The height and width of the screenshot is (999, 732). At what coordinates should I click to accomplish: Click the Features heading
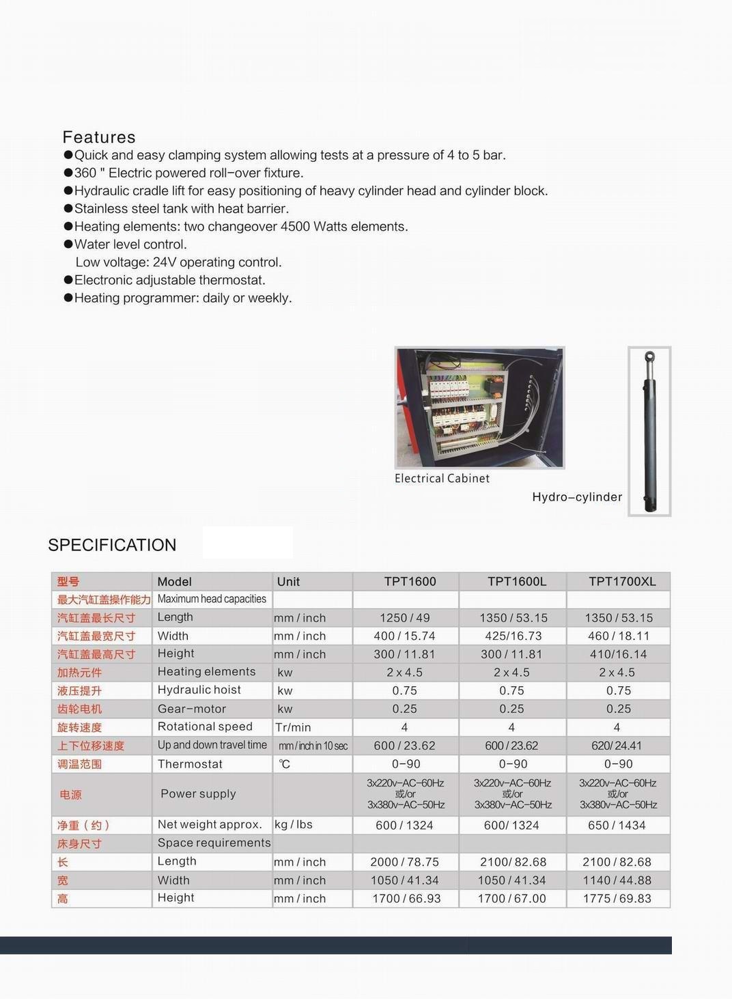pyautogui.click(x=99, y=137)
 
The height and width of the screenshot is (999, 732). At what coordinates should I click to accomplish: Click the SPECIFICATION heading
pyautogui.click(x=112, y=545)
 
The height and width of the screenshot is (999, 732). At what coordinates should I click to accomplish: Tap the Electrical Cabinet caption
pyautogui.click(x=442, y=479)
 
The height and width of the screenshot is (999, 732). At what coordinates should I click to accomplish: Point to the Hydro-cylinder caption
pyautogui.click(x=577, y=497)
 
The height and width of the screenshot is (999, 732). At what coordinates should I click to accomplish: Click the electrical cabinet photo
pyautogui.click(x=479, y=407)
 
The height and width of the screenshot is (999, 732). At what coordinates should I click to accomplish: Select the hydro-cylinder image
pyautogui.click(x=649, y=431)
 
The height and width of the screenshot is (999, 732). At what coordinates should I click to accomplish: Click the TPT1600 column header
pyautogui.click(x=410, y=582)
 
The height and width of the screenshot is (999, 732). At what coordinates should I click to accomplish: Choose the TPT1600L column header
pyautogui.click(x=517, y=582)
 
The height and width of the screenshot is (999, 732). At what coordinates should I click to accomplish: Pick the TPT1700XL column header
pyautogui.click(x=622, y=582)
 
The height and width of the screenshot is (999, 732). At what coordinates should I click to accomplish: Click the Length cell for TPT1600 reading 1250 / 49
pyautogui.click(x=405, y=618)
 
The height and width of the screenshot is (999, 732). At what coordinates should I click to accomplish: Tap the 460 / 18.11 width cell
pyautogui.click(x=619, y=636)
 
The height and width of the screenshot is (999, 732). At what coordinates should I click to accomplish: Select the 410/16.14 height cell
pyautogui.click(x=619, y=654)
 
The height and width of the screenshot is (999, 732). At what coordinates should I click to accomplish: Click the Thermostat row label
pyautogui.click(x=190, y=764)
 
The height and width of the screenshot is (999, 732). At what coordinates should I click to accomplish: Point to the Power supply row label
pyautogui.click(x=198, y=793)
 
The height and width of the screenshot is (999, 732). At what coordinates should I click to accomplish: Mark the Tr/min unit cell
pyautogui.click(x=293, y=727)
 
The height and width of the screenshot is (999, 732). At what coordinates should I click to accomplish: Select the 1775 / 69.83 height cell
pyautogui.click(x=617, y=899)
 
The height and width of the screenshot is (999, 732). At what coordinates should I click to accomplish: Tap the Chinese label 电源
pyautogui.click(x=71, y=795)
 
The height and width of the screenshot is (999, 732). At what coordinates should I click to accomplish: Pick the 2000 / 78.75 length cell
pyautogui.click(x=405, y=862)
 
